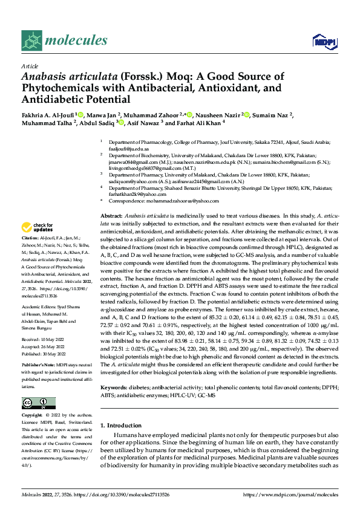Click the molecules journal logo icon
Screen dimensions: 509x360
32,41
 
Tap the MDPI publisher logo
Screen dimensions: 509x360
323,41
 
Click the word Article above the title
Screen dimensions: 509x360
30,66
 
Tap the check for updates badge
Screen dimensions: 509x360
38,228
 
